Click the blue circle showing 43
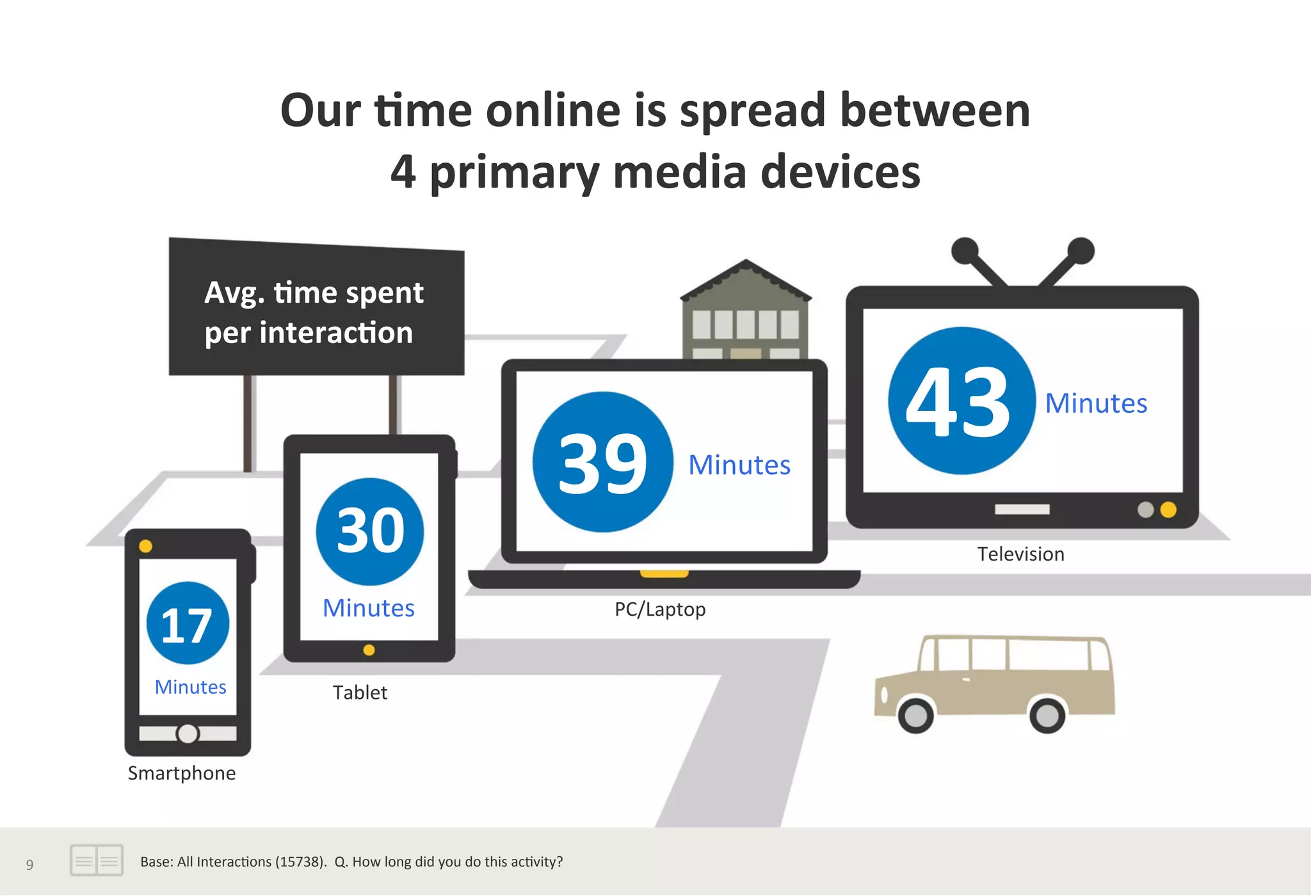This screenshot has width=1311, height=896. [961, 401]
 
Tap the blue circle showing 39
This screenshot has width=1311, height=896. [602, 462]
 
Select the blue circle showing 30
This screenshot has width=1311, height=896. [370, 531]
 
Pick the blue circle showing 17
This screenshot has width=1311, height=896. [188, 623]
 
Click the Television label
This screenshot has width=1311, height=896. [1020, 554]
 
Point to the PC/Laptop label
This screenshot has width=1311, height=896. [659, 609]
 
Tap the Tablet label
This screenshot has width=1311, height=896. [360, 692]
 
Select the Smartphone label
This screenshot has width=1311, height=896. [182, 773]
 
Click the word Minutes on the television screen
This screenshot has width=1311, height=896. [1096, 403]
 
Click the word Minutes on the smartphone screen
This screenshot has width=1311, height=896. [191, 687]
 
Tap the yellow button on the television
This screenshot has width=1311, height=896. [1168, 509]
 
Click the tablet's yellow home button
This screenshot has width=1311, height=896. [369, 650]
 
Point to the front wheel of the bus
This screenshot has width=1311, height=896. [916, 715]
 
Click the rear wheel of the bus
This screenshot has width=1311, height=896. [1047, 715]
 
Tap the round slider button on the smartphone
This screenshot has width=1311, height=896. [188, 733]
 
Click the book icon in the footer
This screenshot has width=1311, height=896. [96, 860]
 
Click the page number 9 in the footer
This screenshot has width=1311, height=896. [29, 865]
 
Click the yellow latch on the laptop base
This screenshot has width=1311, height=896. [664, 573]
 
